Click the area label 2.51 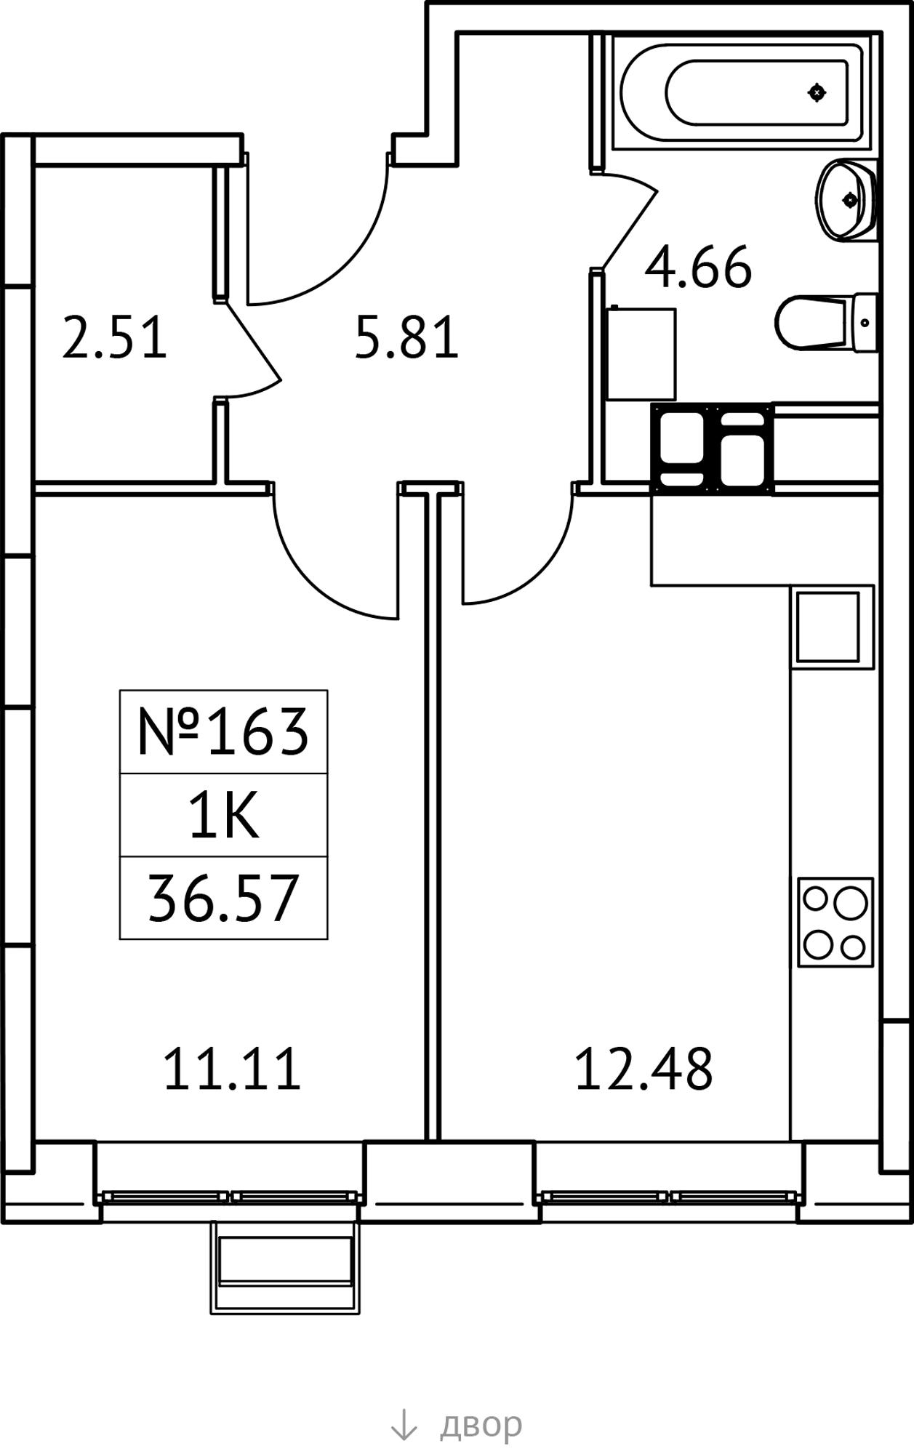(x=115, y=337)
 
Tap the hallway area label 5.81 (x=407, y=337)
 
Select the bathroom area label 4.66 (x=698, y=268)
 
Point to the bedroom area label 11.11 (x=232, y=1069)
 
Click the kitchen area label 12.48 (x=644, y=1069)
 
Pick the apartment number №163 (x=223, y=731)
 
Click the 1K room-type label (x=224, y=815)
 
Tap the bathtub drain (x=817, y=92)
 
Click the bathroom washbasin (x=846, y=198)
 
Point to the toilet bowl (x=825, y=322)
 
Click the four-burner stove (x=835, y=922)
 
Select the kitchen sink (x=827, y=627)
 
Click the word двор (x=481, y=1423)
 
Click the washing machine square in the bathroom (x=641, y=353)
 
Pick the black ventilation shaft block (x=712, y=449)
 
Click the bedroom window (x=231, y=1197)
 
